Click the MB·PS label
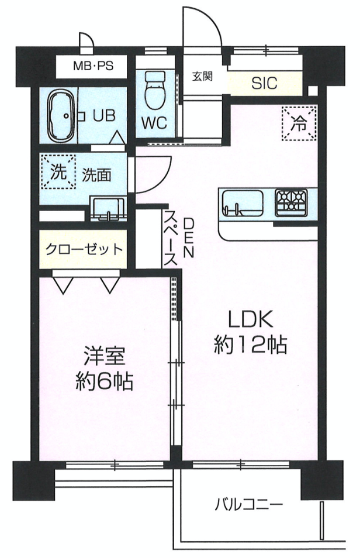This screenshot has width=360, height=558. pyautogui.click(x=93, y=66)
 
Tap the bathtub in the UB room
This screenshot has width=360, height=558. pyautogui.click(x=61, y=116)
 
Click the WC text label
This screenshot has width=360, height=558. pyautogui.click(x=154, y=123)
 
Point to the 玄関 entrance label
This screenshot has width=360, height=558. pyautogui.click(x=202, y=76)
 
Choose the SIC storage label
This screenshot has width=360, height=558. pyautogui.click(x=264, y=83)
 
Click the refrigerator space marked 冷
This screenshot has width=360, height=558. pyautogui.click(x=299, y=123)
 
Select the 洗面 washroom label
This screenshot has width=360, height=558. pyautogui.click(x=96, y=175)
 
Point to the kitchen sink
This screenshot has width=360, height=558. pyautogui.click(x=243, y=203)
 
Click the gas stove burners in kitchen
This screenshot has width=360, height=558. pyautogui.click(x=291, y=203)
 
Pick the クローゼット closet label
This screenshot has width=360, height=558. pyautogui.click(x=84, y=249)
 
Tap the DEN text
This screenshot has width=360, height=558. pyautogui.click(x=189, y=237)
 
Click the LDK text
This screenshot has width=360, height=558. pyautogui.click(x=251, y=319)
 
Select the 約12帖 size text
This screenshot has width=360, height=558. pyautogui.click(x=251, y=345)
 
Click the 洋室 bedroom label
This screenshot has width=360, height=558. pyautogui.click(x=104, y=356)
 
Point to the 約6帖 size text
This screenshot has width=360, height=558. pyautogui.click(x=104, y=382)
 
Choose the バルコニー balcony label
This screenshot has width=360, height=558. pyautogui.click(x=249, y=504)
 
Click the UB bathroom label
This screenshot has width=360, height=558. pyautogui.click(x=104, y=115)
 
